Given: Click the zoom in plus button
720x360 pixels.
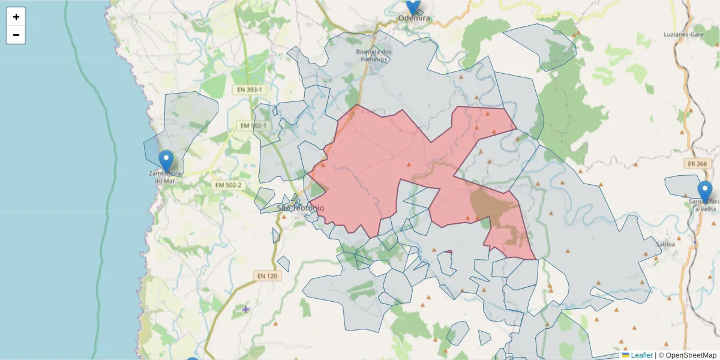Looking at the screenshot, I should pos(16,17).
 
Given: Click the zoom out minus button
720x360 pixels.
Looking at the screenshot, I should pos(16,35).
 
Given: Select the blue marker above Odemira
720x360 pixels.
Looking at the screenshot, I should pos(413,6).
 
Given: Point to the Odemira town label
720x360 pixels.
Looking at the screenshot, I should pos(415,19).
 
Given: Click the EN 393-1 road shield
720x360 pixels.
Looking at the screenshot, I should pos(249,89).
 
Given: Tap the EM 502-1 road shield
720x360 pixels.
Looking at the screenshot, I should pos(253,125).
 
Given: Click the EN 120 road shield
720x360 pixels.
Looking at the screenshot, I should pos(267,276).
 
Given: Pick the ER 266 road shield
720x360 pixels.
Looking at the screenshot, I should pos(695,164).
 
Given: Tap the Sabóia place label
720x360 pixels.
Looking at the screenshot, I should pos(665,244).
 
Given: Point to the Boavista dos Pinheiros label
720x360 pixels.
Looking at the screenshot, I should pos(374,55).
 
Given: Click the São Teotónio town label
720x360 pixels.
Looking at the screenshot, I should pos(301,208).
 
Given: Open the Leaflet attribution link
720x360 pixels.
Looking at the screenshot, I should pos(641,355).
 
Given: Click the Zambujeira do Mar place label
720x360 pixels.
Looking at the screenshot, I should pos(164,177).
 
